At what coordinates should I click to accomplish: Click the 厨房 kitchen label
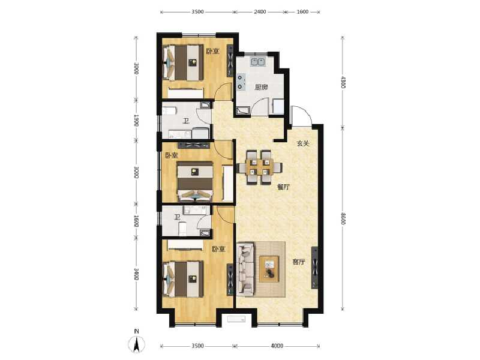[260, 88]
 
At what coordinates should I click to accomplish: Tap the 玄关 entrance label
[302, 143]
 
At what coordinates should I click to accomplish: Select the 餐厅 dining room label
[283, 187]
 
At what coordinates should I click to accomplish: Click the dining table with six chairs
[260, 166]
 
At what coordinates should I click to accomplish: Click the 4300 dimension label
[343, 82]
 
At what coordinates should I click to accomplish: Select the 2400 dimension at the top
[259, 11]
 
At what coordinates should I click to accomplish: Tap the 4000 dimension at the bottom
[276, 346]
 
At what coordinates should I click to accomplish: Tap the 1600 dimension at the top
[302, 11]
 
